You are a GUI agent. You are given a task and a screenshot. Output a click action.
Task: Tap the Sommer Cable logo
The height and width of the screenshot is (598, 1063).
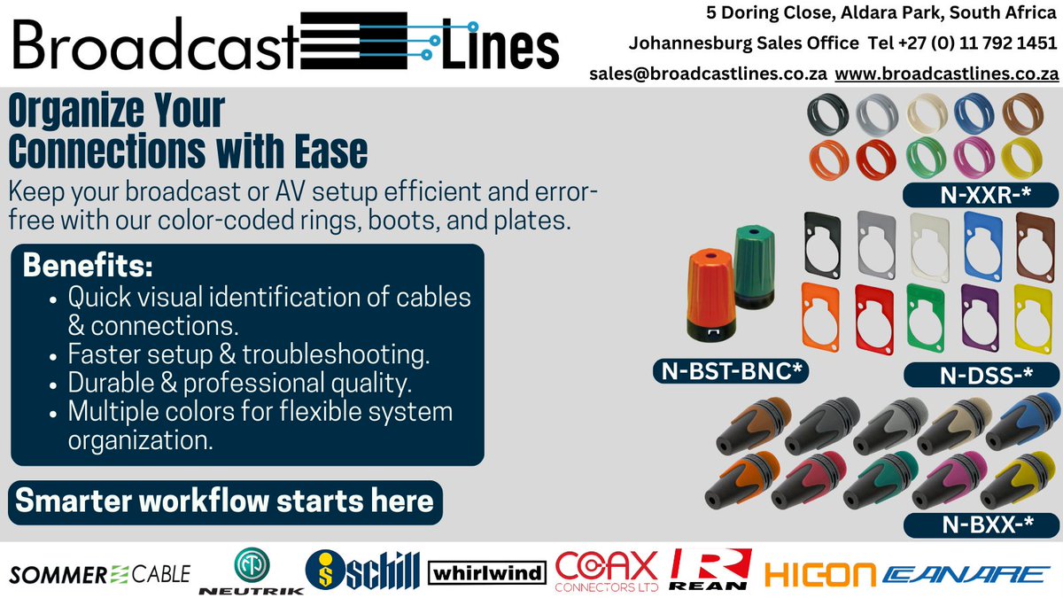click(x=99, y=574)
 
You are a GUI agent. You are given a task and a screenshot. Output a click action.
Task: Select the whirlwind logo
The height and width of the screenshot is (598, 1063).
click(x=487, y=573)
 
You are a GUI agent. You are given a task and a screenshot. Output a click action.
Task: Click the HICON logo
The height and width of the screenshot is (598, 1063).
click(x=820, y=574)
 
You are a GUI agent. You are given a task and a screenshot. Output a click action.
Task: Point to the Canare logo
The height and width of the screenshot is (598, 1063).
click(x=966, y=574)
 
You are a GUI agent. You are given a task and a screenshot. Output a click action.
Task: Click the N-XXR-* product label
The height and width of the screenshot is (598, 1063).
click(x=968, y=193)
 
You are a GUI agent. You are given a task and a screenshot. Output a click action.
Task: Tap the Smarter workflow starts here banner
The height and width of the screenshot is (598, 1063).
click(x=225, y=501)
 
